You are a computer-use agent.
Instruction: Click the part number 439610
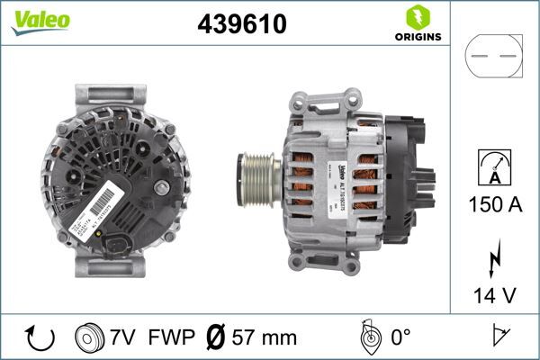tap(241, 25)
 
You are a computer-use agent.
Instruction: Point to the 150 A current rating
tap(494, 204)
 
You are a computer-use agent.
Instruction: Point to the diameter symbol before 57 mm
tap(216, 337)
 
